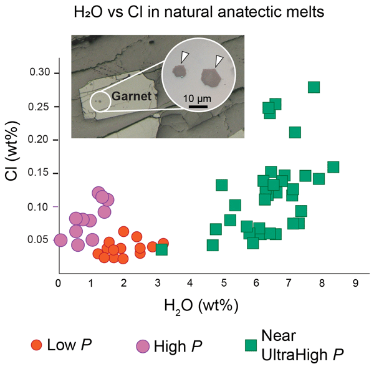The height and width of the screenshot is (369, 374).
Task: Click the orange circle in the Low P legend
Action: click(x=37, y=346)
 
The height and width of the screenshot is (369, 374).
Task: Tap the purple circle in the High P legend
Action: click(x=143, y=346)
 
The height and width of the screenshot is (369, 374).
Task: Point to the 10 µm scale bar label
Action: click(x=197, y=98)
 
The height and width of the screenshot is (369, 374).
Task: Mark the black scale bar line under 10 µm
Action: click(x=198, y=107)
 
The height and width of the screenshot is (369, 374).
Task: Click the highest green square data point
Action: click(x=314, y=87)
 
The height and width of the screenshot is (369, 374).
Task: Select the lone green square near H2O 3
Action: click(x=161, y=249)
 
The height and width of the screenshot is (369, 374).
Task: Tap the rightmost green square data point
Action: click(x=333, y=166)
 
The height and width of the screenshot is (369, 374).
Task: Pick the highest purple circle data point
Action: click(x=98, y=193)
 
